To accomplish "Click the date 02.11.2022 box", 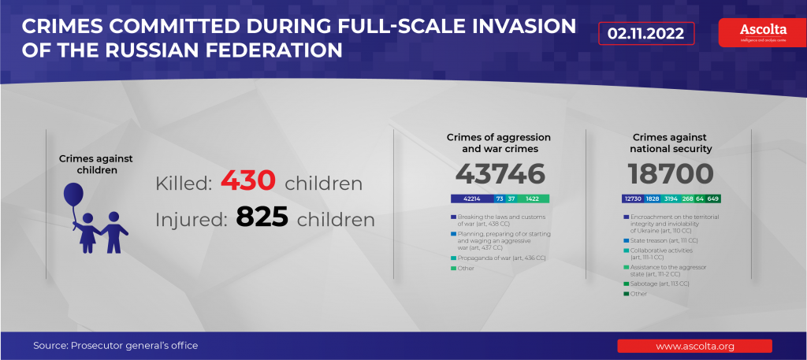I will (x=646, y=34).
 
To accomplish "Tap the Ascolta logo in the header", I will (x=757, y=32).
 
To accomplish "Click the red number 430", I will (x=247, y=182).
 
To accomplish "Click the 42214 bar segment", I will (x=471, y=199).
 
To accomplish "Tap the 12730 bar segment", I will (x=633, y=199).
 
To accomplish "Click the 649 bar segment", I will (x=713, y=199).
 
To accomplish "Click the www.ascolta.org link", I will (x=694, y=346).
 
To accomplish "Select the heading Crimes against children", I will (x=95, y=164).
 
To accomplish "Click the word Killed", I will (x=184, y=184).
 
